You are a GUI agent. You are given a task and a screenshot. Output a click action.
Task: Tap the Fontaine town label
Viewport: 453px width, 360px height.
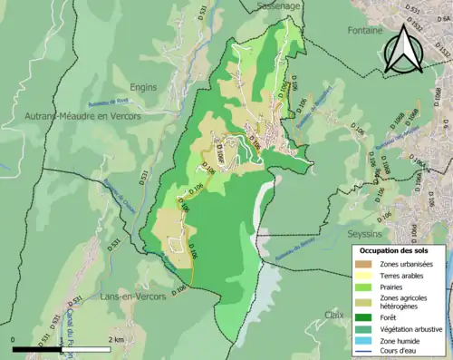pyautogui.click(x=365, y=30)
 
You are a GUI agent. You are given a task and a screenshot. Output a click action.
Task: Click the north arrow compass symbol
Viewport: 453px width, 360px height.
pyautogui.click(x=402, y=50)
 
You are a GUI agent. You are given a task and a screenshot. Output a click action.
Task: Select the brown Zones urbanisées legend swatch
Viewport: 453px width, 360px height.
pyautogui.click(x=364, y=264)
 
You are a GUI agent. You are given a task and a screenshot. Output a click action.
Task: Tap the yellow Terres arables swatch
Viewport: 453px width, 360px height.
pyautogui.click(x=364, y=276)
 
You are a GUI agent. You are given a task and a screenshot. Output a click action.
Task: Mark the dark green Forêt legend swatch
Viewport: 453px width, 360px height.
pyautogui.click(x=364, y=317)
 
